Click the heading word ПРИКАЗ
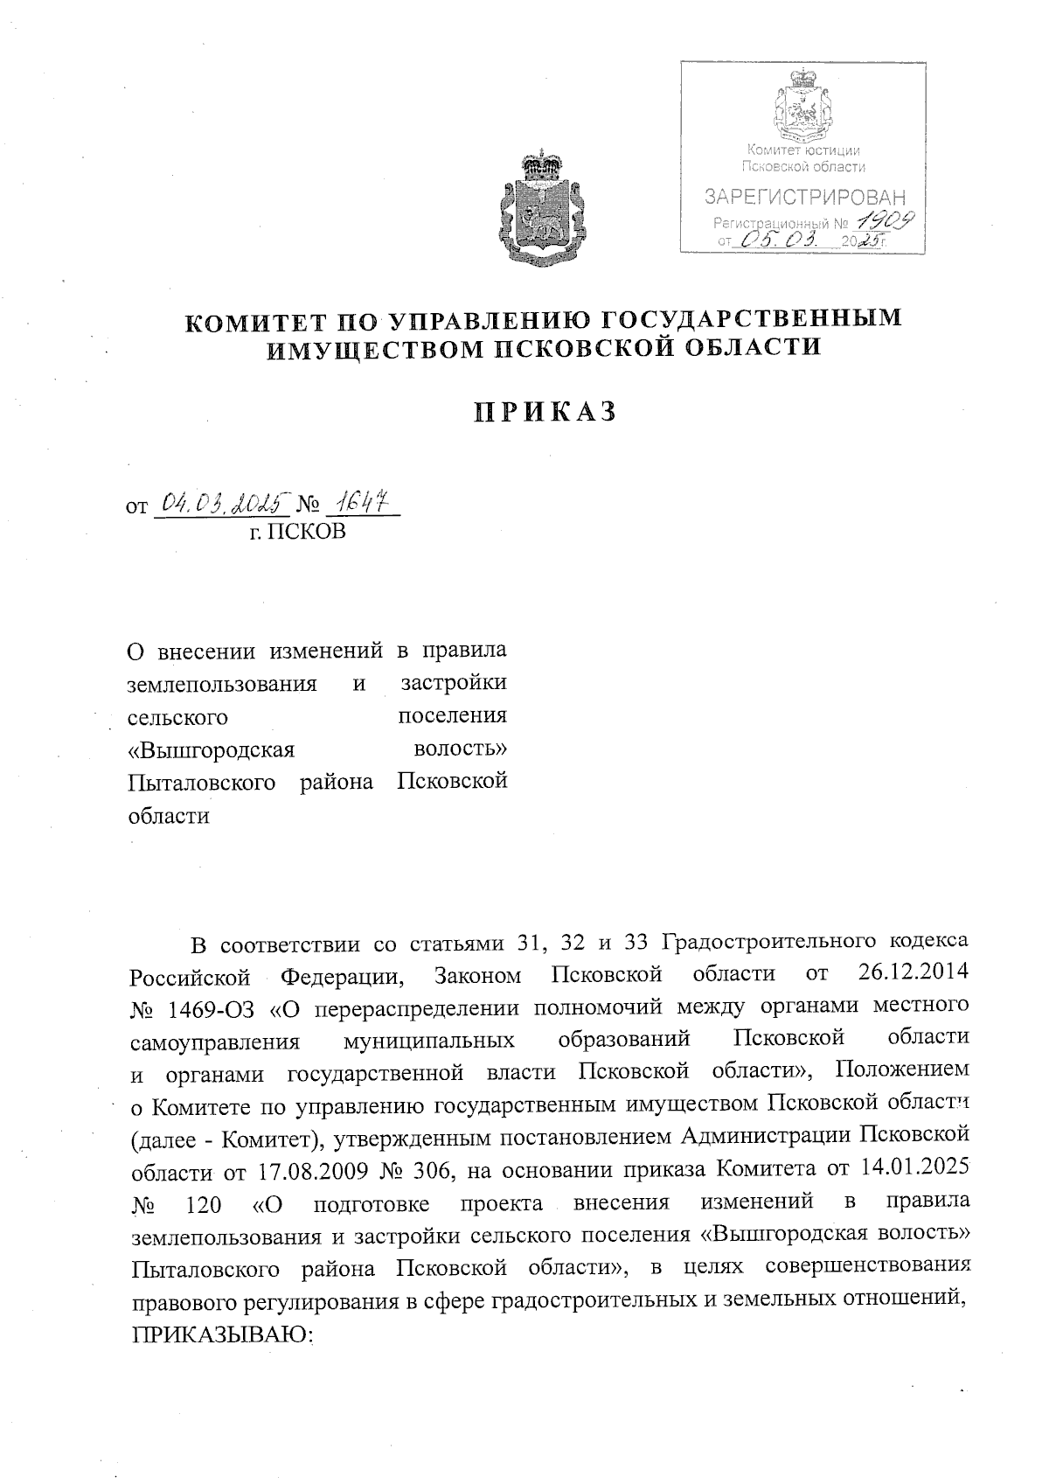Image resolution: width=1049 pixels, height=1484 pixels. (545, 412)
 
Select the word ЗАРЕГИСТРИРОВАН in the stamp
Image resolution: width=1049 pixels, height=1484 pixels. (805, 198)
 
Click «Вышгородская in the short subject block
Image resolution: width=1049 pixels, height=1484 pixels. (212, 749)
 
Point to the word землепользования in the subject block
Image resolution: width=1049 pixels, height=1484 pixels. (222, 683)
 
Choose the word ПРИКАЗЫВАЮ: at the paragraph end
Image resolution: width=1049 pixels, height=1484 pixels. (222, 1335)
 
